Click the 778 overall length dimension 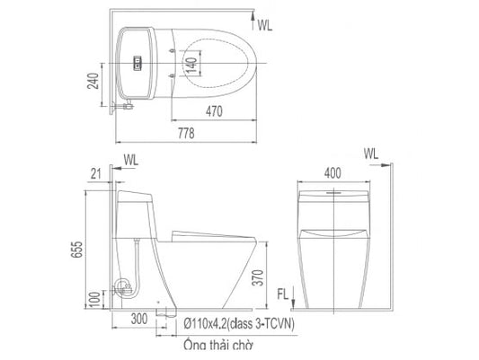(x=186, y=133)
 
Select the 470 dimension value (x=214, y=111)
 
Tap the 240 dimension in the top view (x=93, y=81)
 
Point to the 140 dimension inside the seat (x=191, y=65)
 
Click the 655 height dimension (x=76, y=250)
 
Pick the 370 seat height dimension (x=259, y=277)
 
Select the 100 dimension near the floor (x=95, y=300)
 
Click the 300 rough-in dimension (x=139, y=319)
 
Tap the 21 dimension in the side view (x=95, y=174)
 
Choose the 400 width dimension (x=333, y=173)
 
